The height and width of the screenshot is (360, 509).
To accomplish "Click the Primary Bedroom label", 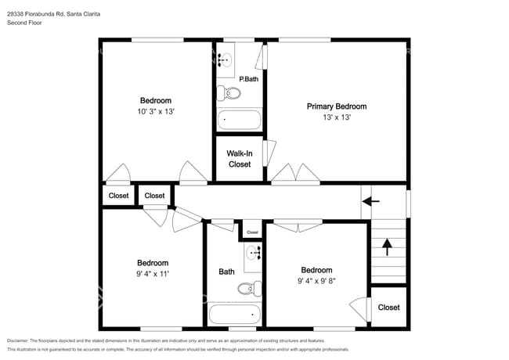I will (336, 106).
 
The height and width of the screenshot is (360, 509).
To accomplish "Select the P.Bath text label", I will (248, 78).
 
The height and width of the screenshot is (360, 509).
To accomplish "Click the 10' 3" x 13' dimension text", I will (155, 112).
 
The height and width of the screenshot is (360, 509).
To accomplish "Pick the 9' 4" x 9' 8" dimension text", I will (317, 281).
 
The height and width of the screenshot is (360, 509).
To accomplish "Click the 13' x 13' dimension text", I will (336, 117).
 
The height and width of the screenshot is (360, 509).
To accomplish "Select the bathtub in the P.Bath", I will (240, 121).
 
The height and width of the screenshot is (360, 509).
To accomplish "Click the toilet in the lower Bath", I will (249, 288).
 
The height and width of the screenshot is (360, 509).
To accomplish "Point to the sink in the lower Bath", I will (254, 253).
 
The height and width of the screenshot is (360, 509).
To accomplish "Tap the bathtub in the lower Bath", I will (233, 315).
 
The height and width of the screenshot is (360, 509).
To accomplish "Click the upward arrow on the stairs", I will (386, 247).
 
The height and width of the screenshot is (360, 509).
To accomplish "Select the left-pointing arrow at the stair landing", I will (371, 201).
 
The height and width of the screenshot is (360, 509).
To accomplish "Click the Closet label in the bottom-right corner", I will (388, 308).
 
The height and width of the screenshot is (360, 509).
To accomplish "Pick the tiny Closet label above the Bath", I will (252, 232).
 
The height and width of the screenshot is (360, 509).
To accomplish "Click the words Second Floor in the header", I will (25, 23).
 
